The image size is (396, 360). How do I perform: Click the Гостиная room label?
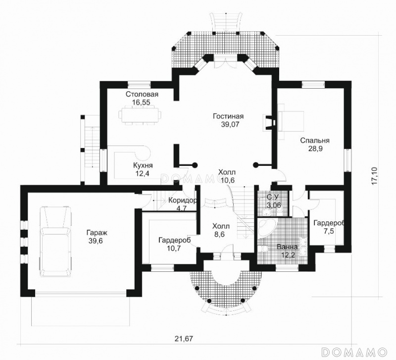click(228, 116)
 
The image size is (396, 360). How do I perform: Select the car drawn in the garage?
click(55, 242)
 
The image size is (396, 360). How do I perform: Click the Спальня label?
click(315, 141)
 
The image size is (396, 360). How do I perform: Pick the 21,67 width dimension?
click(184, 339)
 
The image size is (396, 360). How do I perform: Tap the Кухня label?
click(143, 165)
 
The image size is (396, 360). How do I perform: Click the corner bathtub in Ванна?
click(267, 228)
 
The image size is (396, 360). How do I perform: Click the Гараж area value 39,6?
click(96, 241)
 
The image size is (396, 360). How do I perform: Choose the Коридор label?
click(183, 201)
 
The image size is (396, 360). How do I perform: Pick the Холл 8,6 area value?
click(219, 234)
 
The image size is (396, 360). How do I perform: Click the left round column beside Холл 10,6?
click(195, 165)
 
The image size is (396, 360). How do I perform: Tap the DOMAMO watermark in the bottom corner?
click(355, 352)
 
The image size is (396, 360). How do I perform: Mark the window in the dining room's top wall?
click(139, 84)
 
